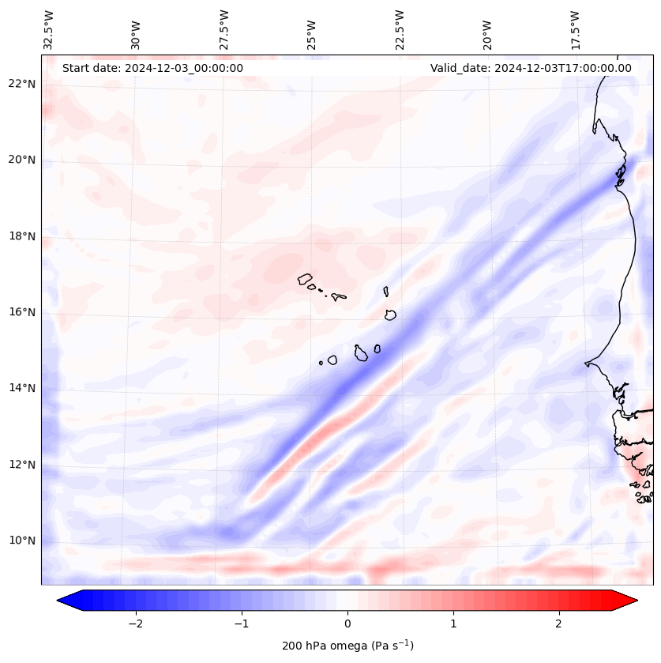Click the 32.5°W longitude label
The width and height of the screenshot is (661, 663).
[48, 30]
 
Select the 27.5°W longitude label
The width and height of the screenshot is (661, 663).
[224, 30]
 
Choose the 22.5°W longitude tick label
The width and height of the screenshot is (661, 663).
[400, 30]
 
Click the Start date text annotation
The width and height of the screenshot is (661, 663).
[152, 68]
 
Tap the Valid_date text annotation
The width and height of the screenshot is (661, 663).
[531, 68]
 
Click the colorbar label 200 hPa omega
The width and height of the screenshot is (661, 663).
[347, 646]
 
